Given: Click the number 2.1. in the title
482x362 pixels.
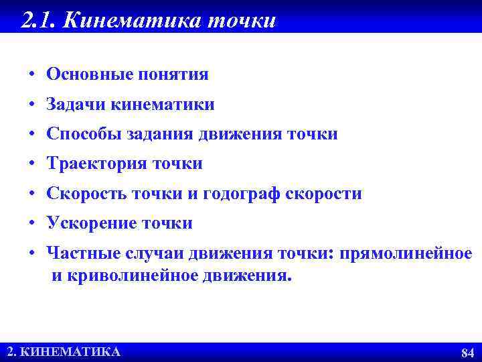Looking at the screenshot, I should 39,20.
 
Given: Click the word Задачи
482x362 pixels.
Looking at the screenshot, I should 75,105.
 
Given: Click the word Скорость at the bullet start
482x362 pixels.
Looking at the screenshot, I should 84,194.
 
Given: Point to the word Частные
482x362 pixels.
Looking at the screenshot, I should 82,254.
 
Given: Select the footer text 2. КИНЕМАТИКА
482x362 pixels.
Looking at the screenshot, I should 64,352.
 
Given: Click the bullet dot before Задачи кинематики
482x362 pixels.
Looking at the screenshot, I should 32,105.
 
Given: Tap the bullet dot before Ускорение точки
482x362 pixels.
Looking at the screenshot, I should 32,224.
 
